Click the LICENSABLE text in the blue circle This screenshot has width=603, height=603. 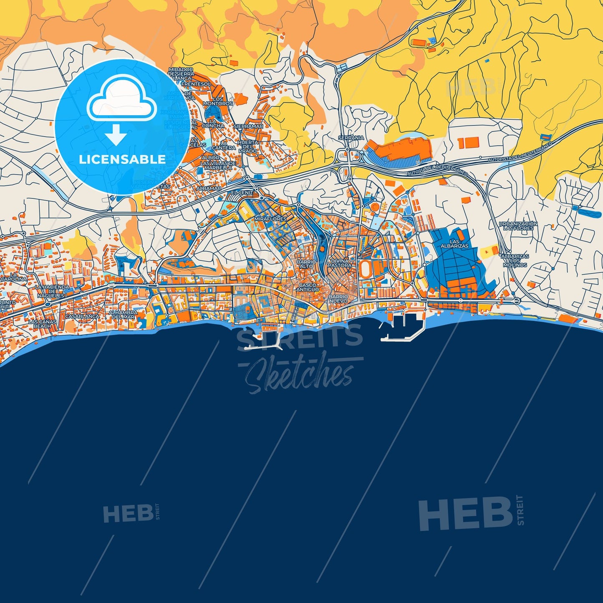tap(122, 159)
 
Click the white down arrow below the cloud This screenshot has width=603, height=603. tap(116, 134)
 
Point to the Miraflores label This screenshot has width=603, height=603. tap(270, 219)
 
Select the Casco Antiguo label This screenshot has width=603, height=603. tap(308, 287)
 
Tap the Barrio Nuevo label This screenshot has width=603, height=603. tap(338, 298)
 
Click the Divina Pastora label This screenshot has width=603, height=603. tap(340, 263)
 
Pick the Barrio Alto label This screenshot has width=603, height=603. tap(306, 264)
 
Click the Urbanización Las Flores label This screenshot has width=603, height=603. tap(518, 226)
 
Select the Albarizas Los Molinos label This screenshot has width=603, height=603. tap(515, 260)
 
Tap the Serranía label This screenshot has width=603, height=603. tap(351, 138)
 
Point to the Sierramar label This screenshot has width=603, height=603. tap(248, 126)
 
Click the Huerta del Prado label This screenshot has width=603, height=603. tap(248, 146)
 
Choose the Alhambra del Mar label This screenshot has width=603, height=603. tap(123, 314)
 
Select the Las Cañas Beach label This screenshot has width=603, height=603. tap(42, 324)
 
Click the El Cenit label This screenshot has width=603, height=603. tap(242, 193)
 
